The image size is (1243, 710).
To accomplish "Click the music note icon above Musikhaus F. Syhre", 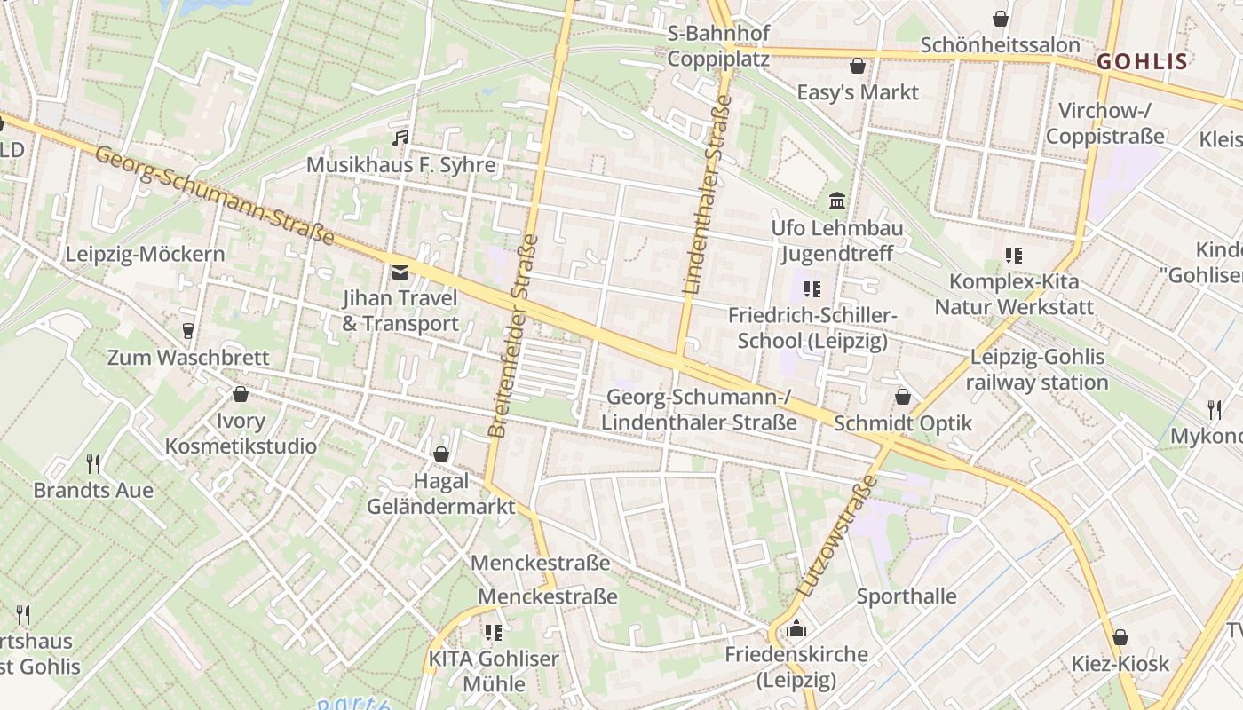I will click(401, 138).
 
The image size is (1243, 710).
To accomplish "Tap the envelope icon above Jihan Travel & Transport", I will click(400, 272).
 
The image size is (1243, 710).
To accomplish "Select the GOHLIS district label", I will click(1142, 61).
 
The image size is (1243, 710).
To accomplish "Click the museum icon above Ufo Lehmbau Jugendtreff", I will click(836, 201).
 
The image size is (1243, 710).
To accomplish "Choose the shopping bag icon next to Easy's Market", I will click(858, 66).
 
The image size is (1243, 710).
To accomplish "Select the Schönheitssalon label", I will click(1000, 44).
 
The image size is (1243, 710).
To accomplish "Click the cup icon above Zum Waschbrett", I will click(187, 331).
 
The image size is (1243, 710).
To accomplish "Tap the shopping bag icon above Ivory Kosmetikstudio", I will click(240, 394).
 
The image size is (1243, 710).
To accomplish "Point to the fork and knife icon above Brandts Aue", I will click(92, 463).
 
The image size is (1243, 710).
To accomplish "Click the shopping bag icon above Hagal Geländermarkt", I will click(440, 454).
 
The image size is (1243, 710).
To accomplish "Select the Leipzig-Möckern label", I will click(145, 255).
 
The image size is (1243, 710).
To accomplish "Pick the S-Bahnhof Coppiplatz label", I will click(718, 46).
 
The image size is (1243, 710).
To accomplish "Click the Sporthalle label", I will click(907, 596).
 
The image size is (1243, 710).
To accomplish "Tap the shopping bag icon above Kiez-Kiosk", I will click(1120, 637).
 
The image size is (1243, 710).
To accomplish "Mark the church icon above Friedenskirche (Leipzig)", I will click(796, 628).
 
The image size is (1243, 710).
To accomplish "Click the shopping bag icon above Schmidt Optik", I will click(903, 397).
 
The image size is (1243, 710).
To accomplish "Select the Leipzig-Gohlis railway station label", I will click(1037, 370).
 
